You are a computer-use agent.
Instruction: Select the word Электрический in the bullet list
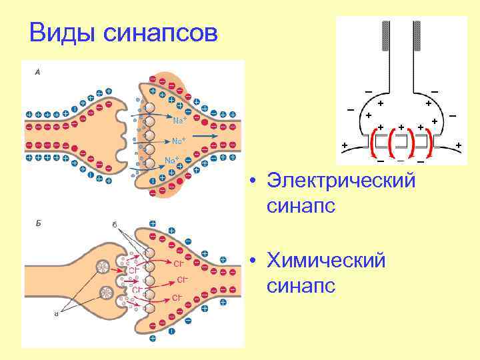[341, 181]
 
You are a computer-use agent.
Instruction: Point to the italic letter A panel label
[37, 73]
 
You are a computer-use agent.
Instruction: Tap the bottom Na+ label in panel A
[171, 160]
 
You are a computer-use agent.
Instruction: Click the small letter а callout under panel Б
[57, 315]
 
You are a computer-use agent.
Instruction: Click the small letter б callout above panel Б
[115, 225]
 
